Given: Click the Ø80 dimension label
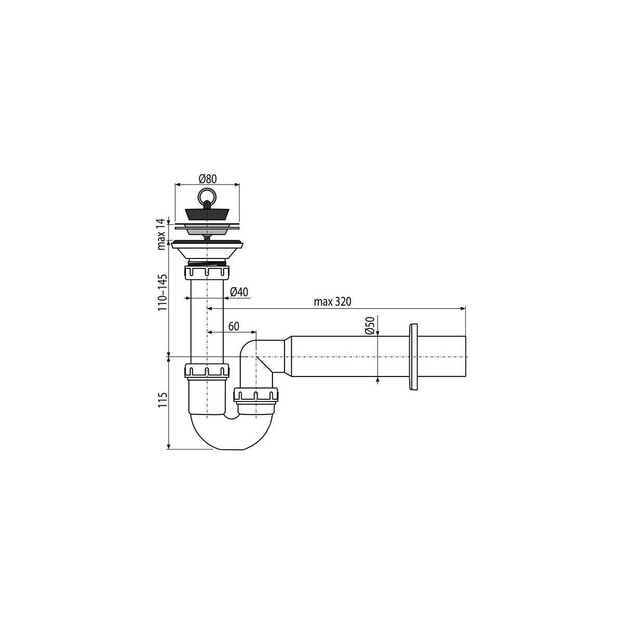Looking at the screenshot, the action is point(207,178).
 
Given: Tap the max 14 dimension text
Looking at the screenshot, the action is point(162,234).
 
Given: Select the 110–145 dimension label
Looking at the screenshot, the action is point(162,292).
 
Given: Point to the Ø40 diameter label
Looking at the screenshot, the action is point(239,292).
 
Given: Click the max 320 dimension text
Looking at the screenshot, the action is point(333,302).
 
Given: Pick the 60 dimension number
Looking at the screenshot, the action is point(234,327).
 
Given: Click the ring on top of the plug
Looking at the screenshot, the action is point(206,195).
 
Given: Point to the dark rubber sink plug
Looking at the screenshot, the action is point(207,214).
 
